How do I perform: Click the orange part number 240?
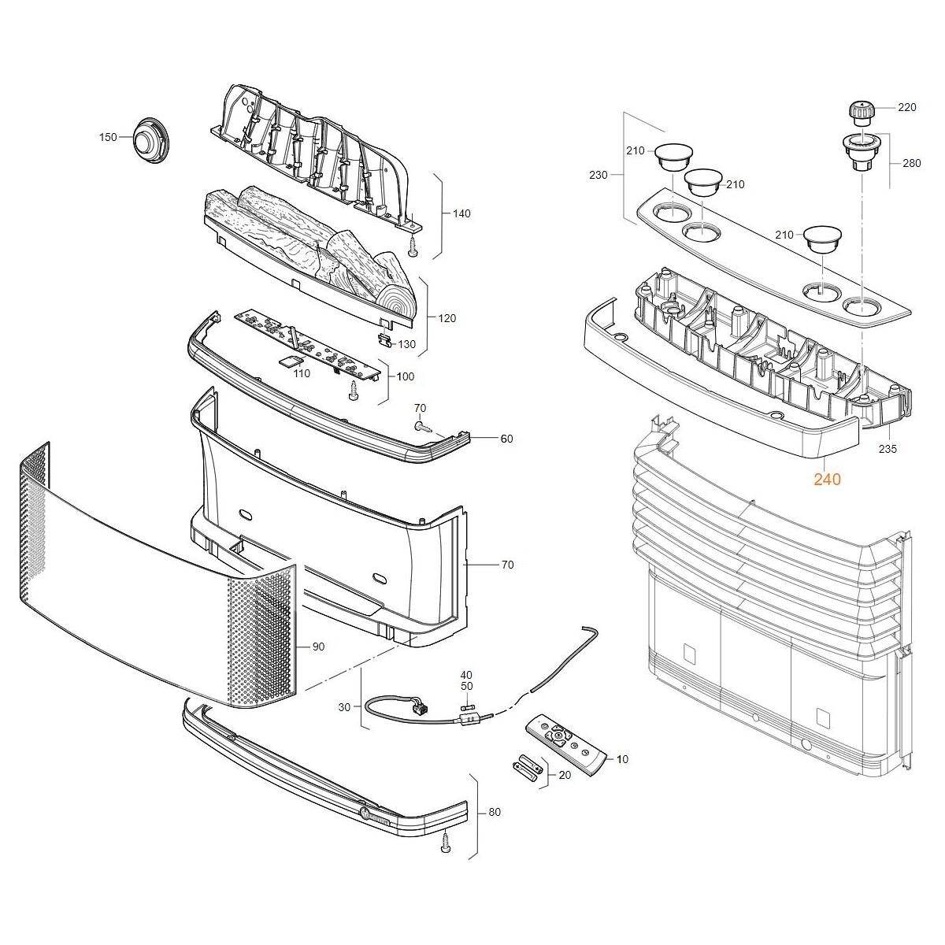(828, 479)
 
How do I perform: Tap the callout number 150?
(108, 137)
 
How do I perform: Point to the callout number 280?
(912, 163)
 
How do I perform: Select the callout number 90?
(318, 647)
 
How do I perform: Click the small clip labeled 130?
(386, 340)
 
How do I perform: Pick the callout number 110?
(302, 374)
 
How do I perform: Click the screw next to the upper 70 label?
(422, 427)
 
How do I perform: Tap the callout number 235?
(888, 449)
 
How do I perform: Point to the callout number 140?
(461, 214)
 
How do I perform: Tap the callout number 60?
(506, 439)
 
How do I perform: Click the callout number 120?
(447, 318)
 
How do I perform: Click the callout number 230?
(598, 175)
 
